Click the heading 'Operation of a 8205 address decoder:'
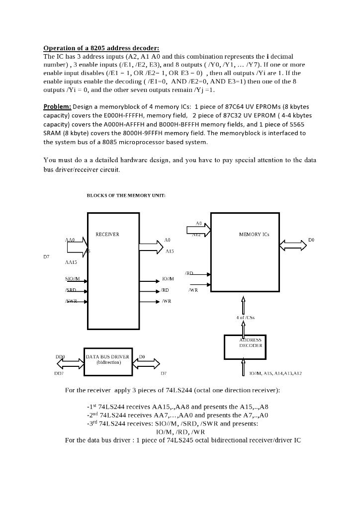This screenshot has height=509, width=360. coord(101,48)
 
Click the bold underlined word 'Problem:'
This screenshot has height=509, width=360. coord(57,106)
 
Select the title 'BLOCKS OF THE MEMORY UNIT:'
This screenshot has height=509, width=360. coord(126,195)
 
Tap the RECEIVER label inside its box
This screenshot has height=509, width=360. coord(107,234)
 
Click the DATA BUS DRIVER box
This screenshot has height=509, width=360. coord(107,359)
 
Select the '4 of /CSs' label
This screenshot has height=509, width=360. coord(246,317)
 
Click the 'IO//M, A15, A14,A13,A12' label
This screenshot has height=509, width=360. coord(275,373)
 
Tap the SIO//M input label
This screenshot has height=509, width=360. coord(72,279)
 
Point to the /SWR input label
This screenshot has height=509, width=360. coord(71,301)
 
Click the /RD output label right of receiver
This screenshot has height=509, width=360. coord(165,290)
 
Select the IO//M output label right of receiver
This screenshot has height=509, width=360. coord(167,279)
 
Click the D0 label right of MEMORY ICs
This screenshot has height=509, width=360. coord(311,240)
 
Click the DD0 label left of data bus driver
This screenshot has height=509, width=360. coord(60,356)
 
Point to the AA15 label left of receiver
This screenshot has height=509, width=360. coord(71,262)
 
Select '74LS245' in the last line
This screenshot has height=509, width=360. coord(179,440)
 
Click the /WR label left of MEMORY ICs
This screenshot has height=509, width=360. coord(193,290)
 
